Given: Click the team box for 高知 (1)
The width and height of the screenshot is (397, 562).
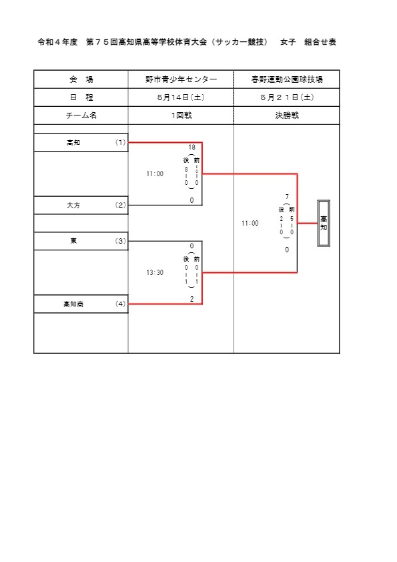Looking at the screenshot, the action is [x=81, y=142].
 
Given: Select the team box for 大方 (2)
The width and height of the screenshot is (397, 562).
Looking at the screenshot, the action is [x=81, y=205].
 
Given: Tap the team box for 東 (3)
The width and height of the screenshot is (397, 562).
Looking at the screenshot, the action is [x=81, y=241].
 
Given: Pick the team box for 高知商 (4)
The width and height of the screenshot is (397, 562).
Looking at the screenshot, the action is [x=81, y=304].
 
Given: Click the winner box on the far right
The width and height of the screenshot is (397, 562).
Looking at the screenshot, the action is [x=324, y=223].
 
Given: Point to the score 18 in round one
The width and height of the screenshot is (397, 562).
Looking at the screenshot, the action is [x=191, y=148].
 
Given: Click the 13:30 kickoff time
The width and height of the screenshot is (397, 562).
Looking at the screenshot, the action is [x=155, y=272].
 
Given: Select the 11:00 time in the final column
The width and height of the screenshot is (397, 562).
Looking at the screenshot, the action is [x=250, y=223].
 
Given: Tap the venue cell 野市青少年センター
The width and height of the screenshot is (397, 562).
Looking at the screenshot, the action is [x=181, y=79].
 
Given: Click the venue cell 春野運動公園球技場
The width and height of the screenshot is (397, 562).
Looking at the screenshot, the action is [x=287, y=79].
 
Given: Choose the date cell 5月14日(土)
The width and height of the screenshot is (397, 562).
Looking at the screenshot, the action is [x=181, y=97].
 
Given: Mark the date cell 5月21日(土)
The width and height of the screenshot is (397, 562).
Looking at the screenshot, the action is [x=287, y=97].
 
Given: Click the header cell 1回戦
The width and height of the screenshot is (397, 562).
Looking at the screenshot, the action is [x=181, y=115].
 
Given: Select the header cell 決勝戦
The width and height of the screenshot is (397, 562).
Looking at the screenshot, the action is [x=287, y=115].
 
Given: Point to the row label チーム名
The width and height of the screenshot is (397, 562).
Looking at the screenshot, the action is [x=81, y=115].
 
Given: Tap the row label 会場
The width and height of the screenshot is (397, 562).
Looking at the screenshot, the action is [x=81, y=79].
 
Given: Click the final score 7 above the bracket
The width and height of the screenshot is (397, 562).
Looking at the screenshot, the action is [x=287, y=196].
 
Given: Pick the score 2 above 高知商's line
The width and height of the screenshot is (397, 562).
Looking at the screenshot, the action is [x=191, y=299].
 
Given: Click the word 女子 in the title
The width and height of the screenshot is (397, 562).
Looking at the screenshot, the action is [x=288, y=42].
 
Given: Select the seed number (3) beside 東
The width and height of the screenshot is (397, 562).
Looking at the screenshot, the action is [x=120, y=241].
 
